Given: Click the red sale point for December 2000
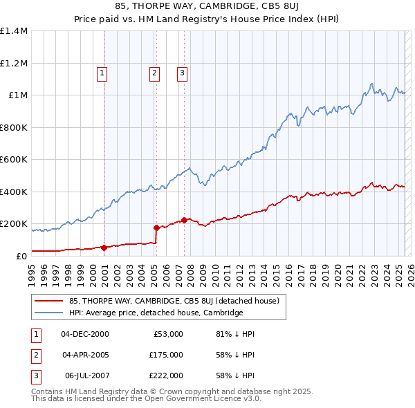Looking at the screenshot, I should pos(104,248).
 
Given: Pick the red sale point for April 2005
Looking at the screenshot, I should pos(156,228).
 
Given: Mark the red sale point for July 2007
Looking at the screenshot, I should pos(184,221).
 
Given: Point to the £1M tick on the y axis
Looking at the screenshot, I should pos(17,95).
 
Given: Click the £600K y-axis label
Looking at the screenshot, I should pos(14,160).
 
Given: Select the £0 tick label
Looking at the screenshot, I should pos(21,257).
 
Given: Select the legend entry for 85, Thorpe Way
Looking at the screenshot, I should pos(174,301).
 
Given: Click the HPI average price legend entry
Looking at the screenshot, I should pos(156,313).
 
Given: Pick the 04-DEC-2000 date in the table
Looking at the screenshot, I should pos(85,334).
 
